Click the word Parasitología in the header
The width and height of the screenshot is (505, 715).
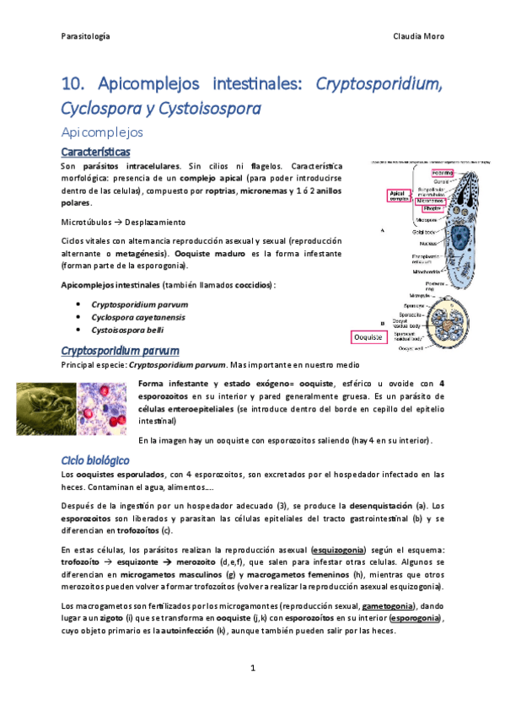tap(86, 37)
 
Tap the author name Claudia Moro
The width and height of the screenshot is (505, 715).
tap(418, 37)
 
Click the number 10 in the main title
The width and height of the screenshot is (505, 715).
tap(73, 84)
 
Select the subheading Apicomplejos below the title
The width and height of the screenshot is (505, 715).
tap(104, 132)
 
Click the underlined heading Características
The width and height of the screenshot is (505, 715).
tap(96, 152)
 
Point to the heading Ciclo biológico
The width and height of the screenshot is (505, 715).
tap(94, 460)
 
